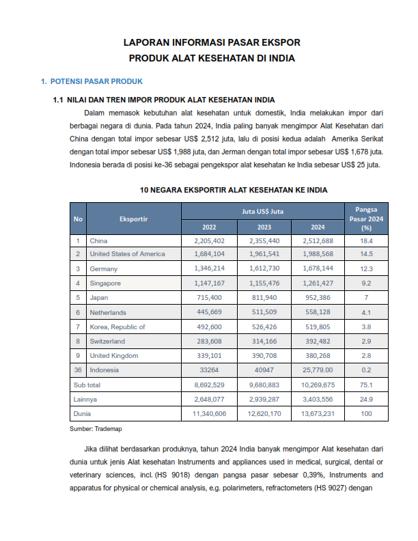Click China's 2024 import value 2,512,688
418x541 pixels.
click(x=318, y=241)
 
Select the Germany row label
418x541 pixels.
click(x=104, y=269)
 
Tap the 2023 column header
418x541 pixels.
click(x=264, y=227)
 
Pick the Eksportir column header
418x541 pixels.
click(x=133, y=219)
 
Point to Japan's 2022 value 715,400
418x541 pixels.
click(x=209, y=298)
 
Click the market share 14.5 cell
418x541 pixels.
click(x=366, y=254)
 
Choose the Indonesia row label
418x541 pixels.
click(x=104, y=370)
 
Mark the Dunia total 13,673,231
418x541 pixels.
click(x=318, y=414)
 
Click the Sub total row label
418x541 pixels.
click(x=87, y=385)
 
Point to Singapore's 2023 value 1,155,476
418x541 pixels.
click(x=264, y=283)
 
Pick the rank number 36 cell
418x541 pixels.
click(x=78, y=370)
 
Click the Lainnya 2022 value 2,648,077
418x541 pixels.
click(x=209, y=400)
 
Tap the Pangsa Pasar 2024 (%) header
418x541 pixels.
click(x=366, y=219)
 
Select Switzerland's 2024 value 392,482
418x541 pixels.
click(x=318, y=341)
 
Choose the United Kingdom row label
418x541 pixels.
click(x=114, y=355)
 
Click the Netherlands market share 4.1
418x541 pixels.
click(x=366, y=312)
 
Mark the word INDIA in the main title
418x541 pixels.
click(x=281, y=59)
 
